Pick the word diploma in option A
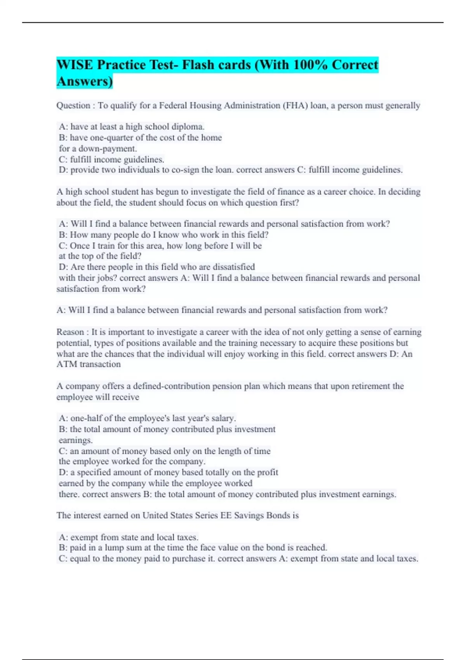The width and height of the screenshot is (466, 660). coord(188,127)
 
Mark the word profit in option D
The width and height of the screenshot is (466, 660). coord(268,472)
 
